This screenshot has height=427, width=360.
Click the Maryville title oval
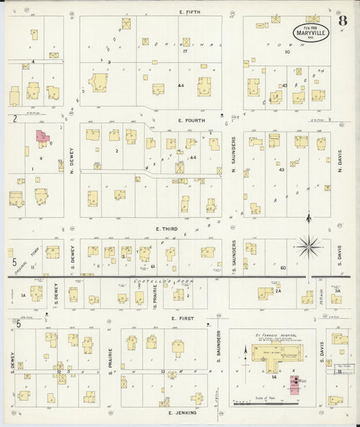[x=311, y=32]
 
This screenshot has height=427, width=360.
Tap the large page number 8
[x=343, y=20]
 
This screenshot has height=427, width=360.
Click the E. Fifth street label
[x=191, y=12]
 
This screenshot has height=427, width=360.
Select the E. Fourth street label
[x=192, y=120]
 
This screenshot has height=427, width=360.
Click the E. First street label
[x=183, y=318]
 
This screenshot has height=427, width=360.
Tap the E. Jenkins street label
[x=179, y=411]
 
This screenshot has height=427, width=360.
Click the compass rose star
[x=309, y=247]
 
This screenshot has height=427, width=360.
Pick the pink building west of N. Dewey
[x=42, y=139]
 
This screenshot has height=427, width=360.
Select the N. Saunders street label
[x=234, y=153]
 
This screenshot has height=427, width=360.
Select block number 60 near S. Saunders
[x=283, y=268]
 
